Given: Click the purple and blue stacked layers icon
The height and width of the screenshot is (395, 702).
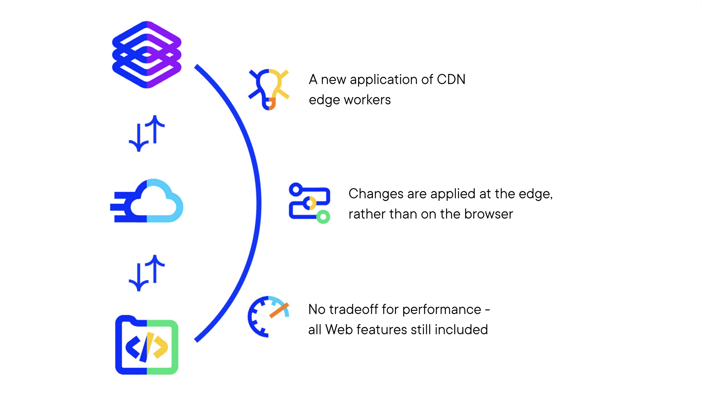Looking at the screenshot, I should coord(147,54).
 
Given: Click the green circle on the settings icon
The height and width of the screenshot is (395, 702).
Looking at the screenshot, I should coord(323,217).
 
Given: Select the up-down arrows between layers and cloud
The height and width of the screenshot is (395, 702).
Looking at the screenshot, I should coord(147,133).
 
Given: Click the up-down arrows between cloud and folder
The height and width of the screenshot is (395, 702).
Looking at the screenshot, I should coord(147,273).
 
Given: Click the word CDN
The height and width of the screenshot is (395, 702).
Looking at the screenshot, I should coord(451,80).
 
